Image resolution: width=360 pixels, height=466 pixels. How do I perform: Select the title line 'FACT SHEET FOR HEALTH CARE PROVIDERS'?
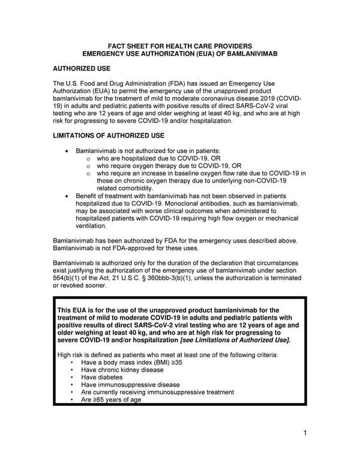[179, 46]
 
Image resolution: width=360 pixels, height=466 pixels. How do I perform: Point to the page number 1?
[305, 433]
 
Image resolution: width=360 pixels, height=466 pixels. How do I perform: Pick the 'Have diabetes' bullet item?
[101, 378]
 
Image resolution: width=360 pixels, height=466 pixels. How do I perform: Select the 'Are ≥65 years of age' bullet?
[111, 399]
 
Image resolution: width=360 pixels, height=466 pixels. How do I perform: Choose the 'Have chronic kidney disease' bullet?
[122, 370]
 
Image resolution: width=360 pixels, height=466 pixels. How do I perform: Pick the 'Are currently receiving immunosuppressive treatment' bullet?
[157, 392]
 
